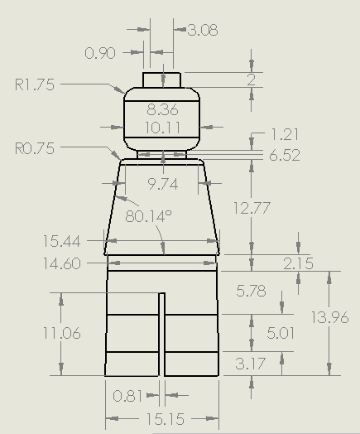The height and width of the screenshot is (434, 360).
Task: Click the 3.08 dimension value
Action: tap(203, 31)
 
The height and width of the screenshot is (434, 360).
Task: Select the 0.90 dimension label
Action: tap(101, 53)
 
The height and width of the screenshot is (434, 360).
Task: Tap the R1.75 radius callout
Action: tap(35, 84)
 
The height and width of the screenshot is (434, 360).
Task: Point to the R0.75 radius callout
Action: tap(35, 149)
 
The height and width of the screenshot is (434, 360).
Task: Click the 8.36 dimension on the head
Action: tap(162, 110)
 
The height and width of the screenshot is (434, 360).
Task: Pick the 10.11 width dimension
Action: tap(162, 128)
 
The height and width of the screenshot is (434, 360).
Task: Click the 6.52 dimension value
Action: tap(286, 155)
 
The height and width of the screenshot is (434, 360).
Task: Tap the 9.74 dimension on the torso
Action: tap(162, 184)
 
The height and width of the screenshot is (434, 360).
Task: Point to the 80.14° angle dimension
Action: tap(149, 216)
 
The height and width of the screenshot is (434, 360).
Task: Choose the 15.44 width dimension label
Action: tap(63, 241)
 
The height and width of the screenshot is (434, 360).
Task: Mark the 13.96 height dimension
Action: tap(329, 316)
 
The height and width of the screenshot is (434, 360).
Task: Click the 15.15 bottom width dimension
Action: tap(162, 418)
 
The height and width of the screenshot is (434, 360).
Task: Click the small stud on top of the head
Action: tap(162, 79)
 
